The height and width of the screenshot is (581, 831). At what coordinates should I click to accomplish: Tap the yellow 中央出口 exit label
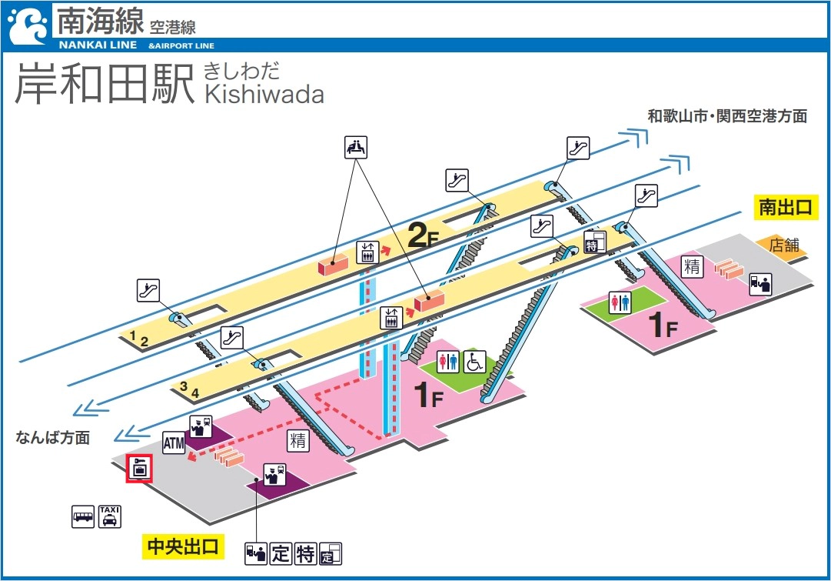point(183,547)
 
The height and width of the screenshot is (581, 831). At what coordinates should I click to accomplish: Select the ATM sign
point(174,442)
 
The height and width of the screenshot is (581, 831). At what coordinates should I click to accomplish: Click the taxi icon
point(110,516)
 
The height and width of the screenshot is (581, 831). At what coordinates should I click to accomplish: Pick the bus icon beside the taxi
point(83,516)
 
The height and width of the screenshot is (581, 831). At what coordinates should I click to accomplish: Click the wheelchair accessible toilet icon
point(474,361)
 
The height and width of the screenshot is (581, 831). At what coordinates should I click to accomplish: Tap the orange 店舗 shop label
point(785,246)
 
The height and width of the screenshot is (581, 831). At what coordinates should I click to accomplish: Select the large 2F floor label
point(422,235)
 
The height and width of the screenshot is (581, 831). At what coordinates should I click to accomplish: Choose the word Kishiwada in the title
point(264,94)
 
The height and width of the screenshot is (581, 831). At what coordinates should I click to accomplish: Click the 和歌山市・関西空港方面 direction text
point(726,116)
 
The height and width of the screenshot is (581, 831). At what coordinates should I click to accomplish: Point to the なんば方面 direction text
point(53,437)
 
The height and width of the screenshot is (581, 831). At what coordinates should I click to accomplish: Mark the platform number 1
point(133,336)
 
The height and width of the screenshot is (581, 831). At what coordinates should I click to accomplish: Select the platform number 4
point(195,392)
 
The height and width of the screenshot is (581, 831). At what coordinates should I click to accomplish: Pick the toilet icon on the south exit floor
point(620,302)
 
